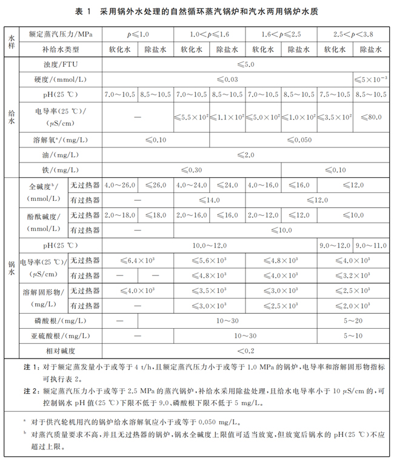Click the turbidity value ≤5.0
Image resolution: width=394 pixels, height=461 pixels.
[x=245, y=64]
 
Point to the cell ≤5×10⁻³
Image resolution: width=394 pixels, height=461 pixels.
[x=370, y=79]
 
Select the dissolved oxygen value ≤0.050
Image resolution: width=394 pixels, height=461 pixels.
[x=298, y=140]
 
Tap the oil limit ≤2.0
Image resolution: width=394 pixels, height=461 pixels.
[x=245, y=155]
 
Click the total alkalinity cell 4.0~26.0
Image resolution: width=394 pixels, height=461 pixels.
[x=120, y=184]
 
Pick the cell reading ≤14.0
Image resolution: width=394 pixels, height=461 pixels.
[x=209, y=200]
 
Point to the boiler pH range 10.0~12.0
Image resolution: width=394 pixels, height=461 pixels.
[x=209, y=245]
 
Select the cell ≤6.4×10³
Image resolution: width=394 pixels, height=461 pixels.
[x=138, y=260]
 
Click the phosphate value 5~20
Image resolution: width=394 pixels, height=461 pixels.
[x=352, y=320]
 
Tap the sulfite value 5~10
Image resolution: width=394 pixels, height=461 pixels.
[x=352, y=335]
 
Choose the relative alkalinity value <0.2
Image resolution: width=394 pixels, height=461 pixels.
[x=245, y=350]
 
